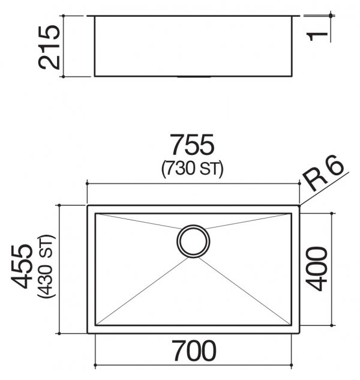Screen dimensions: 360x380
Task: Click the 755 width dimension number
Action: (x=192, y=145)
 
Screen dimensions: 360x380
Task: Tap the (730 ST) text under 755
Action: (x=192, y=169)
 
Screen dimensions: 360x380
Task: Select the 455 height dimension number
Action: (x=22, y=266)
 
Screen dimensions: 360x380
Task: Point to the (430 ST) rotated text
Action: (x=46, y=266)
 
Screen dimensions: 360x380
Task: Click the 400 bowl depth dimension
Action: (x=316, y=268)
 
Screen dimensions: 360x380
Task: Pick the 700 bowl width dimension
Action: (x=194, y=351)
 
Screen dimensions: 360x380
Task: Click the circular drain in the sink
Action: (x=193, y=241)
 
